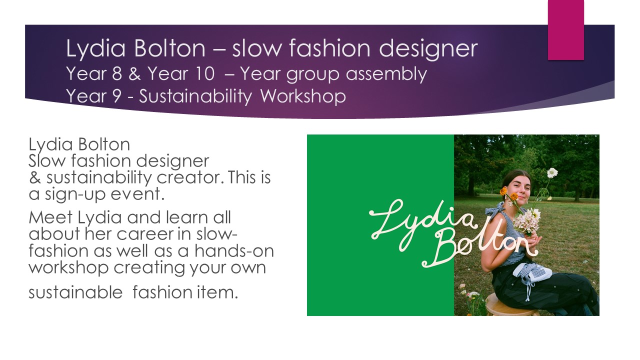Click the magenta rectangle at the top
pyautogui.click(x=565, y=29)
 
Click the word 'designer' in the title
pyautogui.click(x=428, y=49)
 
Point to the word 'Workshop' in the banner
pyautogui.click(x=303, y=96)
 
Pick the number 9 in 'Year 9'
pyautogui.click(x=117, y=96)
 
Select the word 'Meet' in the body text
pyautogui.click(x=50, y=217)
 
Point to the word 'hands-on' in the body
pyautogui.click(x=234, y=250)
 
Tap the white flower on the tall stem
pyautogui.click(x=552, y=173)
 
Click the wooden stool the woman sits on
pyautogui.click(x=511, y=305)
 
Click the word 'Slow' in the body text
pyautogui.click(x=47, y=160)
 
